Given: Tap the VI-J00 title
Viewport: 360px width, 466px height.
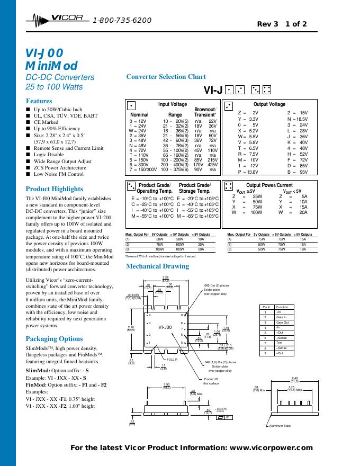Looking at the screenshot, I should pos(44,53).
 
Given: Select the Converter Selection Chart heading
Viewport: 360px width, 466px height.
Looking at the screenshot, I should pos(166,77).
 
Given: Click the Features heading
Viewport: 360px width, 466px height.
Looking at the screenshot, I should pos(39,101).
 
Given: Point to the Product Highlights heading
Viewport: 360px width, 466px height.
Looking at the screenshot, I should pos(54,189).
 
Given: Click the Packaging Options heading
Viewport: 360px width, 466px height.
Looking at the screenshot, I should pos(54,338).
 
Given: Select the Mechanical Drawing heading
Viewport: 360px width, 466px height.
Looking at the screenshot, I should pos(157,266).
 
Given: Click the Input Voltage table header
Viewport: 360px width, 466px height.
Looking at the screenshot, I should pos(173,104).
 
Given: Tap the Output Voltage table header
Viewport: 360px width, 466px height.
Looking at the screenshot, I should pos(269,104).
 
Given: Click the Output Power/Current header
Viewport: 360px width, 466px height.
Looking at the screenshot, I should pos(269,185).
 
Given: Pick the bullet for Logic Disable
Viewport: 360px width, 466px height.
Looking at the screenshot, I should pos(28,155).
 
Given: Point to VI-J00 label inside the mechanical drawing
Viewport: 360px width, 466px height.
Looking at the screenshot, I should pos(165,328).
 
